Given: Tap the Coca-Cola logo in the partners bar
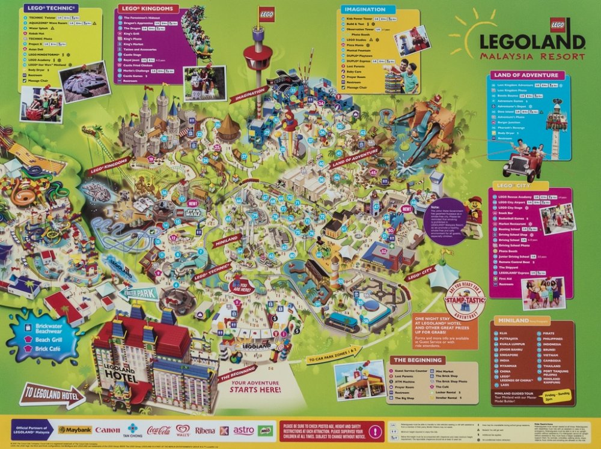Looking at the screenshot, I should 159,430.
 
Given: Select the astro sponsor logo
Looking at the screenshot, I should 243,430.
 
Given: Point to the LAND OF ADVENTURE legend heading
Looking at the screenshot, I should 527,75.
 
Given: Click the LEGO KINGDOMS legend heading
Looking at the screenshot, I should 148,8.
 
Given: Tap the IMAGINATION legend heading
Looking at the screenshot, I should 364,10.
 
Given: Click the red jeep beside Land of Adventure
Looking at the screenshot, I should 520,162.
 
